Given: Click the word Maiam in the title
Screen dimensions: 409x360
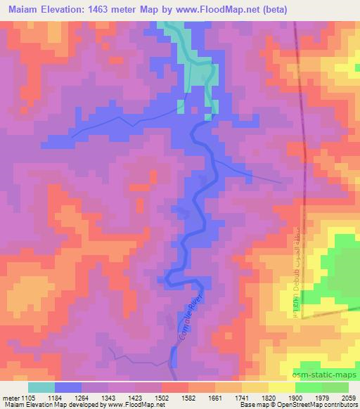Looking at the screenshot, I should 23,9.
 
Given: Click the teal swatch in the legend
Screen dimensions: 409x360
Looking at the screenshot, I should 41,387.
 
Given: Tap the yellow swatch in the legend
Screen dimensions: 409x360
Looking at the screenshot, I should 282,387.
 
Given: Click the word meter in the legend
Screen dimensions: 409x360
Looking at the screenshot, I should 10,398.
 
